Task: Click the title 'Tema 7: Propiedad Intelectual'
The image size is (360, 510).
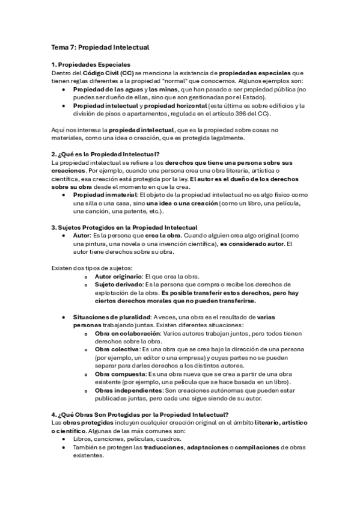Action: click(x=100, y=46)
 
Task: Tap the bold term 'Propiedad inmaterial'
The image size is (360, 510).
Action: click(x=105, y=195)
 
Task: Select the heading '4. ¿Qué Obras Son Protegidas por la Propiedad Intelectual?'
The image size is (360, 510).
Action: click(x=140, y=414)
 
